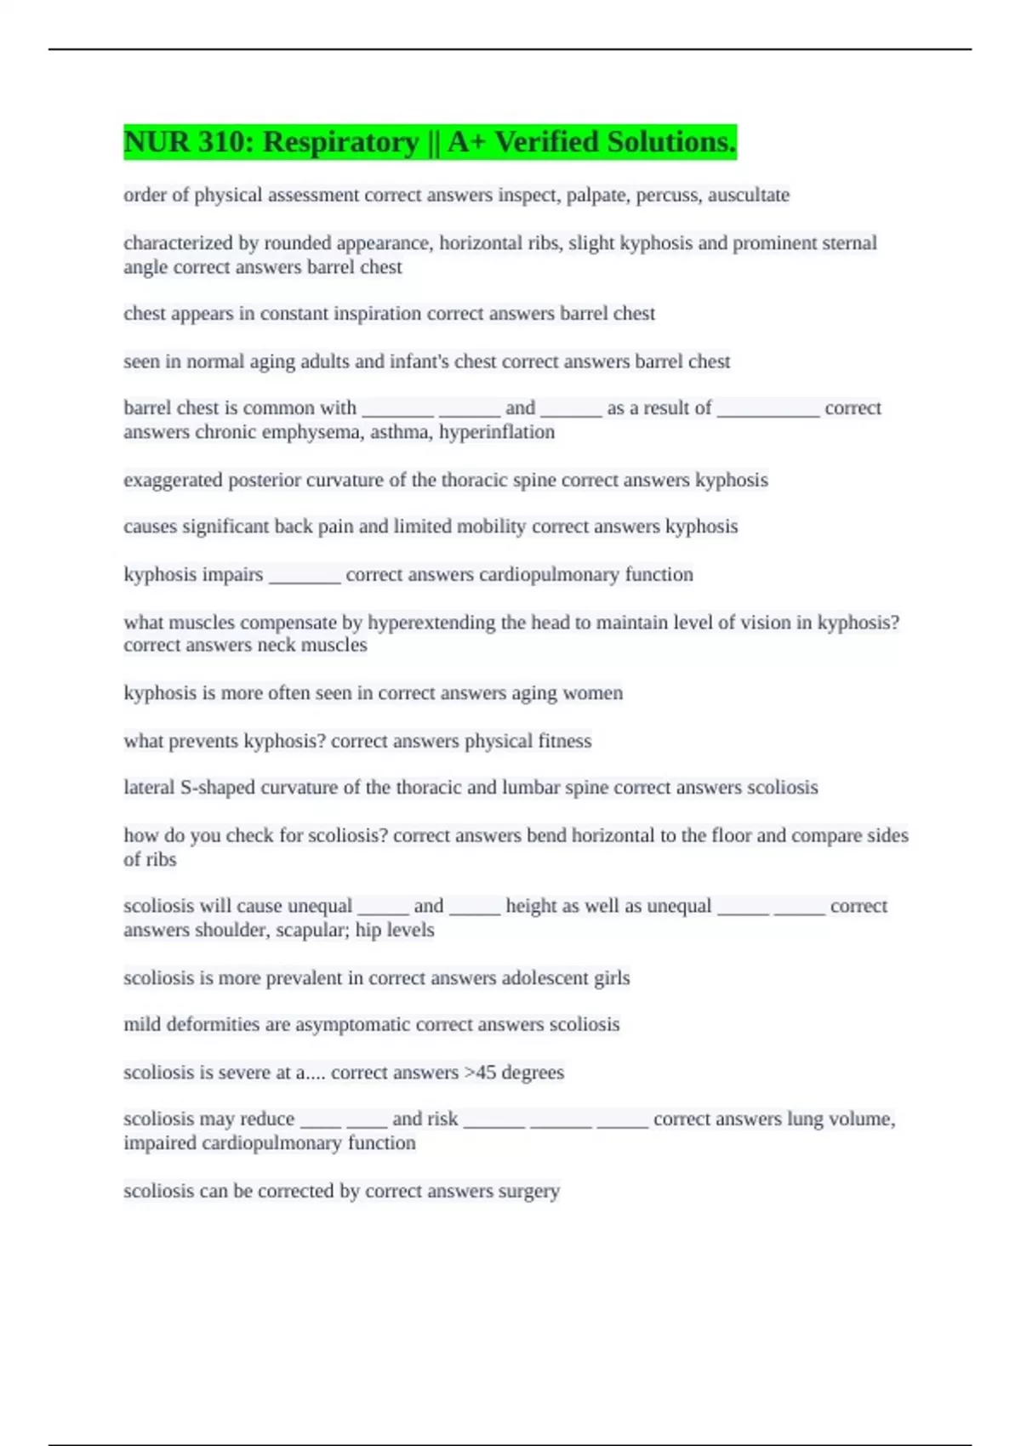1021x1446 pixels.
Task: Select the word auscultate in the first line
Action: tap(749, 196)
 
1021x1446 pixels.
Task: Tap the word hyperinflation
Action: tap(496, 432)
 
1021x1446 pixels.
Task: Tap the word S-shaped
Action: tap(217, 788)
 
